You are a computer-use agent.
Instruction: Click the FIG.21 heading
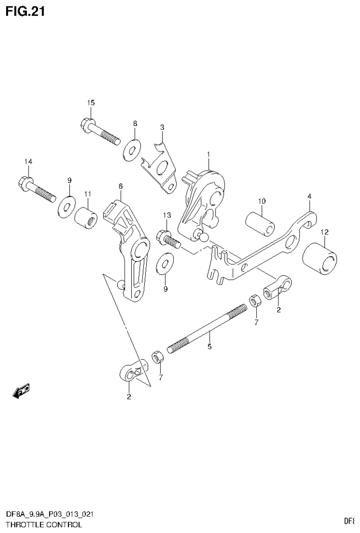pyautogui.click(x=25, y=11)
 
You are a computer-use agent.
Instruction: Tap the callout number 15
pyautogui.click(x=90, y=103)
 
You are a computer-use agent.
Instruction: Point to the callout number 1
pyautogui.click(x=209, y=154)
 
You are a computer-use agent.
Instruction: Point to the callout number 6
pyautogui.click(x=120, y=186)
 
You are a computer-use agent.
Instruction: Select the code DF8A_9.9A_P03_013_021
pyautogui.click(x=49, y=514)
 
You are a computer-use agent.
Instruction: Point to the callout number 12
pyautogui.click(x=324, y=232)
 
